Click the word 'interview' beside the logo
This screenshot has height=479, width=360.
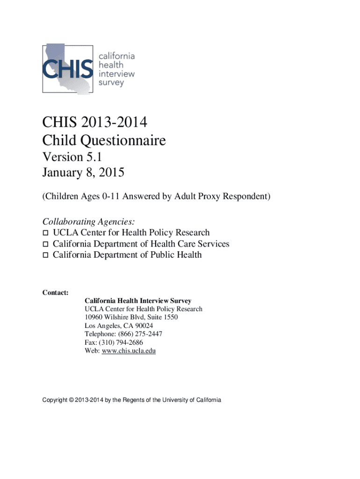(x=116, y=74)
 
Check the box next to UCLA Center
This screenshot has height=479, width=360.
(x=45, y=233)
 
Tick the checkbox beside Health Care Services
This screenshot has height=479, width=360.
(x=45, y=244)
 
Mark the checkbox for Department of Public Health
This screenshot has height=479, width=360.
(x=45, y=255)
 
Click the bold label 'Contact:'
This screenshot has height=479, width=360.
(x=56, y=293)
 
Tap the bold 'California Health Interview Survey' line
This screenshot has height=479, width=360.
(x=138, y=301)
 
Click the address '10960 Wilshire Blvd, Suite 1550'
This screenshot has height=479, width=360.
(x=131, y=317)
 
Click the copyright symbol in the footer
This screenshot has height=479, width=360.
(x=71, y=400)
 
